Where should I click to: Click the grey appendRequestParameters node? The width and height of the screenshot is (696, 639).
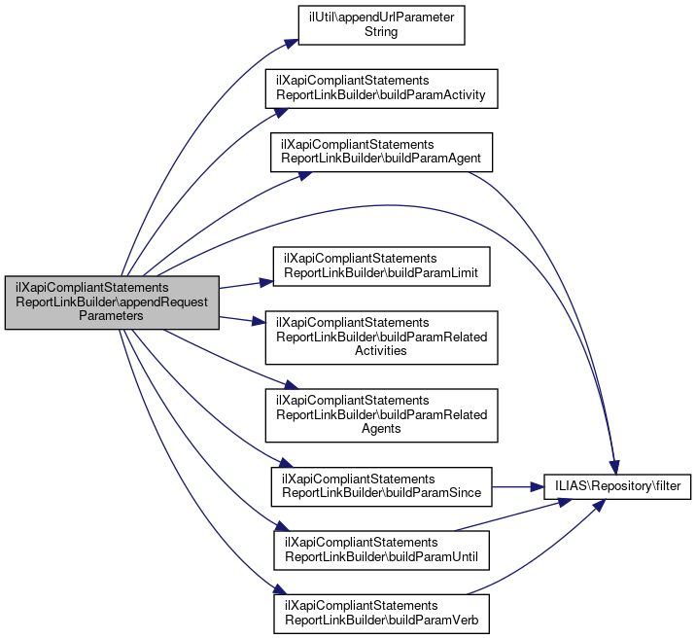112,302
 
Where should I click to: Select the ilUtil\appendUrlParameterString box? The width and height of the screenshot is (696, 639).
381,24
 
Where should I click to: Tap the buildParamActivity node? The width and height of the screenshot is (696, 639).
381,89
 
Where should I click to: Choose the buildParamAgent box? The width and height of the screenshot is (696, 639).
381,150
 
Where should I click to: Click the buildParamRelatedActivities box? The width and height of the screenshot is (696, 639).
381,337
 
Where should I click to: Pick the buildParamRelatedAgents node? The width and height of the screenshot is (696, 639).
381,414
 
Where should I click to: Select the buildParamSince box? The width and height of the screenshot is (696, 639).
381,485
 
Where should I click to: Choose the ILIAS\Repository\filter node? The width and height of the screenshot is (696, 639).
616,483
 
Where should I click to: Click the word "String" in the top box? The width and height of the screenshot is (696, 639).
380,31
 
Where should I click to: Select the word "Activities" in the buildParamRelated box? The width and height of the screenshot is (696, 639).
381,350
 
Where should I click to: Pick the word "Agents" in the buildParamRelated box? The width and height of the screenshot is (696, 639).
381,428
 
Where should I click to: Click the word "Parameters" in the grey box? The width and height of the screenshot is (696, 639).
112,315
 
